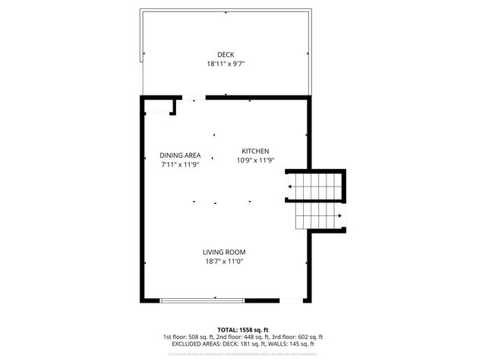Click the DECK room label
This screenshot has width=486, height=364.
[x=226, y=55]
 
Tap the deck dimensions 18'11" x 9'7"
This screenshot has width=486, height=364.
[x=226, y=64]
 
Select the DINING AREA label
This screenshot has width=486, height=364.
[x=180, y=155]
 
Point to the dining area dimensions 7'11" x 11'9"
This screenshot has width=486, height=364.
[x=180, y=165]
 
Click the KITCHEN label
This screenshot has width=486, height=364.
[x=255, y=151]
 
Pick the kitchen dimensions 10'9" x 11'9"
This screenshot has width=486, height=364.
[x=255, y=160]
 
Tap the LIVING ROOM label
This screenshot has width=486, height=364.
[x=224, y=252]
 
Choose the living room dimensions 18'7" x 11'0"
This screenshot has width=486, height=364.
[x=224, y=262]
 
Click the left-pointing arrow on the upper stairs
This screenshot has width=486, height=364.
[x=289, y=185]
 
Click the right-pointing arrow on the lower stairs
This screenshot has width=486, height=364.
[x=339, y=215]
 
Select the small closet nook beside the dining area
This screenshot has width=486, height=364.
[x=159, y=106]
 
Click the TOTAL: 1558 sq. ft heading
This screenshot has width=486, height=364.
[x=242, y=329]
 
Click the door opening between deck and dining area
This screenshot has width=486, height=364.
[x=197, y=97]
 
